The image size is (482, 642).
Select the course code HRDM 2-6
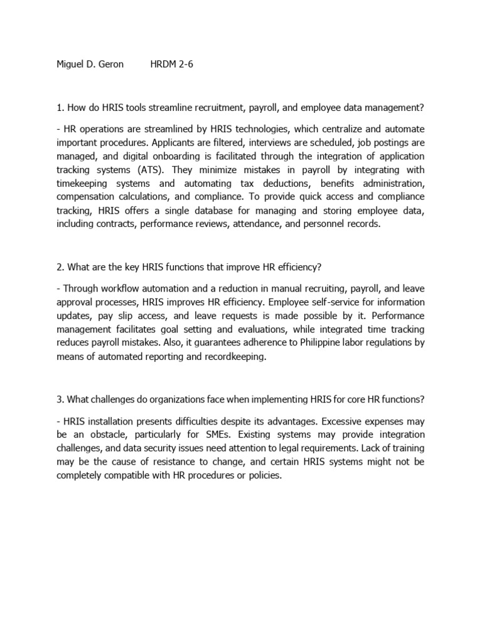(x=172, y=65)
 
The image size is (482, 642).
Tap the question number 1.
(x=58, y=108)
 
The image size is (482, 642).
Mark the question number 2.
(x=59, y=267)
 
